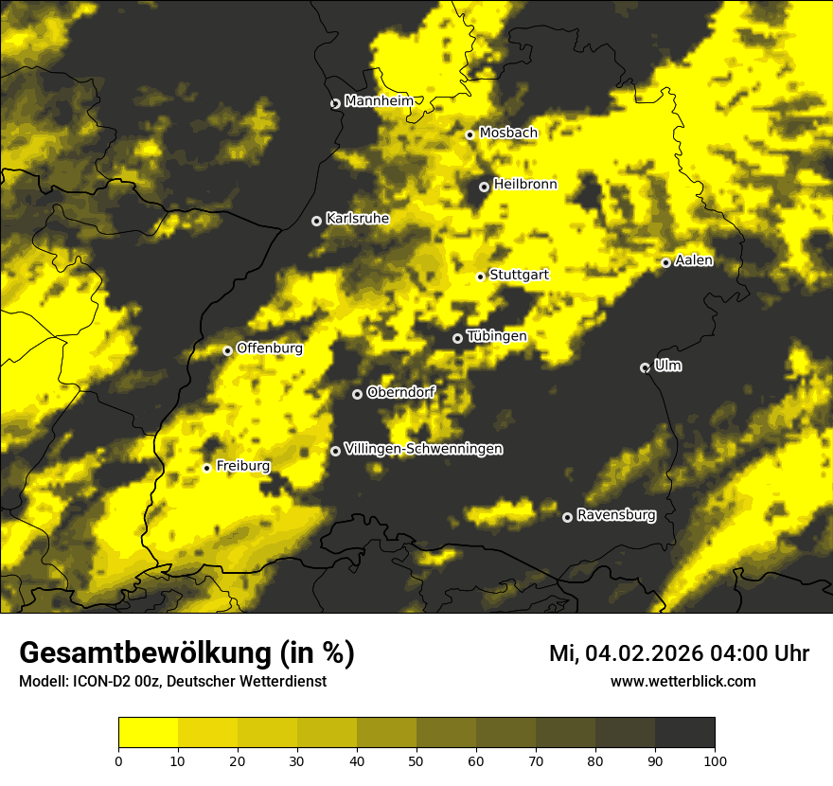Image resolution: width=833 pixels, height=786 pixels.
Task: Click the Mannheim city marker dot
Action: pos(335,103)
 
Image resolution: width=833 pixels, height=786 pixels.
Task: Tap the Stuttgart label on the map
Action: pos(519,275)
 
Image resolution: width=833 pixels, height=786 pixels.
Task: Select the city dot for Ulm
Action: pos(645,367)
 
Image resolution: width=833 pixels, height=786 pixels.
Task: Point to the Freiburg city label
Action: pos(242,466)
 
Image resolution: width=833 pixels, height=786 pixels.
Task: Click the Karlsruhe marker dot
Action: pos(316,221)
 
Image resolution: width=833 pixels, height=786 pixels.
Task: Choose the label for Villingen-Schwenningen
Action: pos(423,449)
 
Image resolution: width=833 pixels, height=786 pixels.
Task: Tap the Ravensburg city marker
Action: pos(567,517)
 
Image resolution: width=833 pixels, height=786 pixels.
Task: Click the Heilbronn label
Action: pos(525,185)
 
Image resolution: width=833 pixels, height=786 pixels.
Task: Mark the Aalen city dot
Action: pos(665,262)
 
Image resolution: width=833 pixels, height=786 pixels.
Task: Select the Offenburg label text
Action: pos(270,348)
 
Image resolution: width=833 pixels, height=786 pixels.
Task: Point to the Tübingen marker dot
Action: pos(457,338)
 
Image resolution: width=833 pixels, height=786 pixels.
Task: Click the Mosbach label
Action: pos(508,134)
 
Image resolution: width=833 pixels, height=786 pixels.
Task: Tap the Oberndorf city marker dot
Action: pos(357,394)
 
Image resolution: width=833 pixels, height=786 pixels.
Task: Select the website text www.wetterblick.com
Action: pos(682,681)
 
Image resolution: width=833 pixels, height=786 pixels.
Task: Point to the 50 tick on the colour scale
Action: pos(416,760)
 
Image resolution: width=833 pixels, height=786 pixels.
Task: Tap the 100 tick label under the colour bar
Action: pos(715,760)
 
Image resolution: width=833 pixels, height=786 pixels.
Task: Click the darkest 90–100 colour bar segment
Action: pos(684,733)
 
